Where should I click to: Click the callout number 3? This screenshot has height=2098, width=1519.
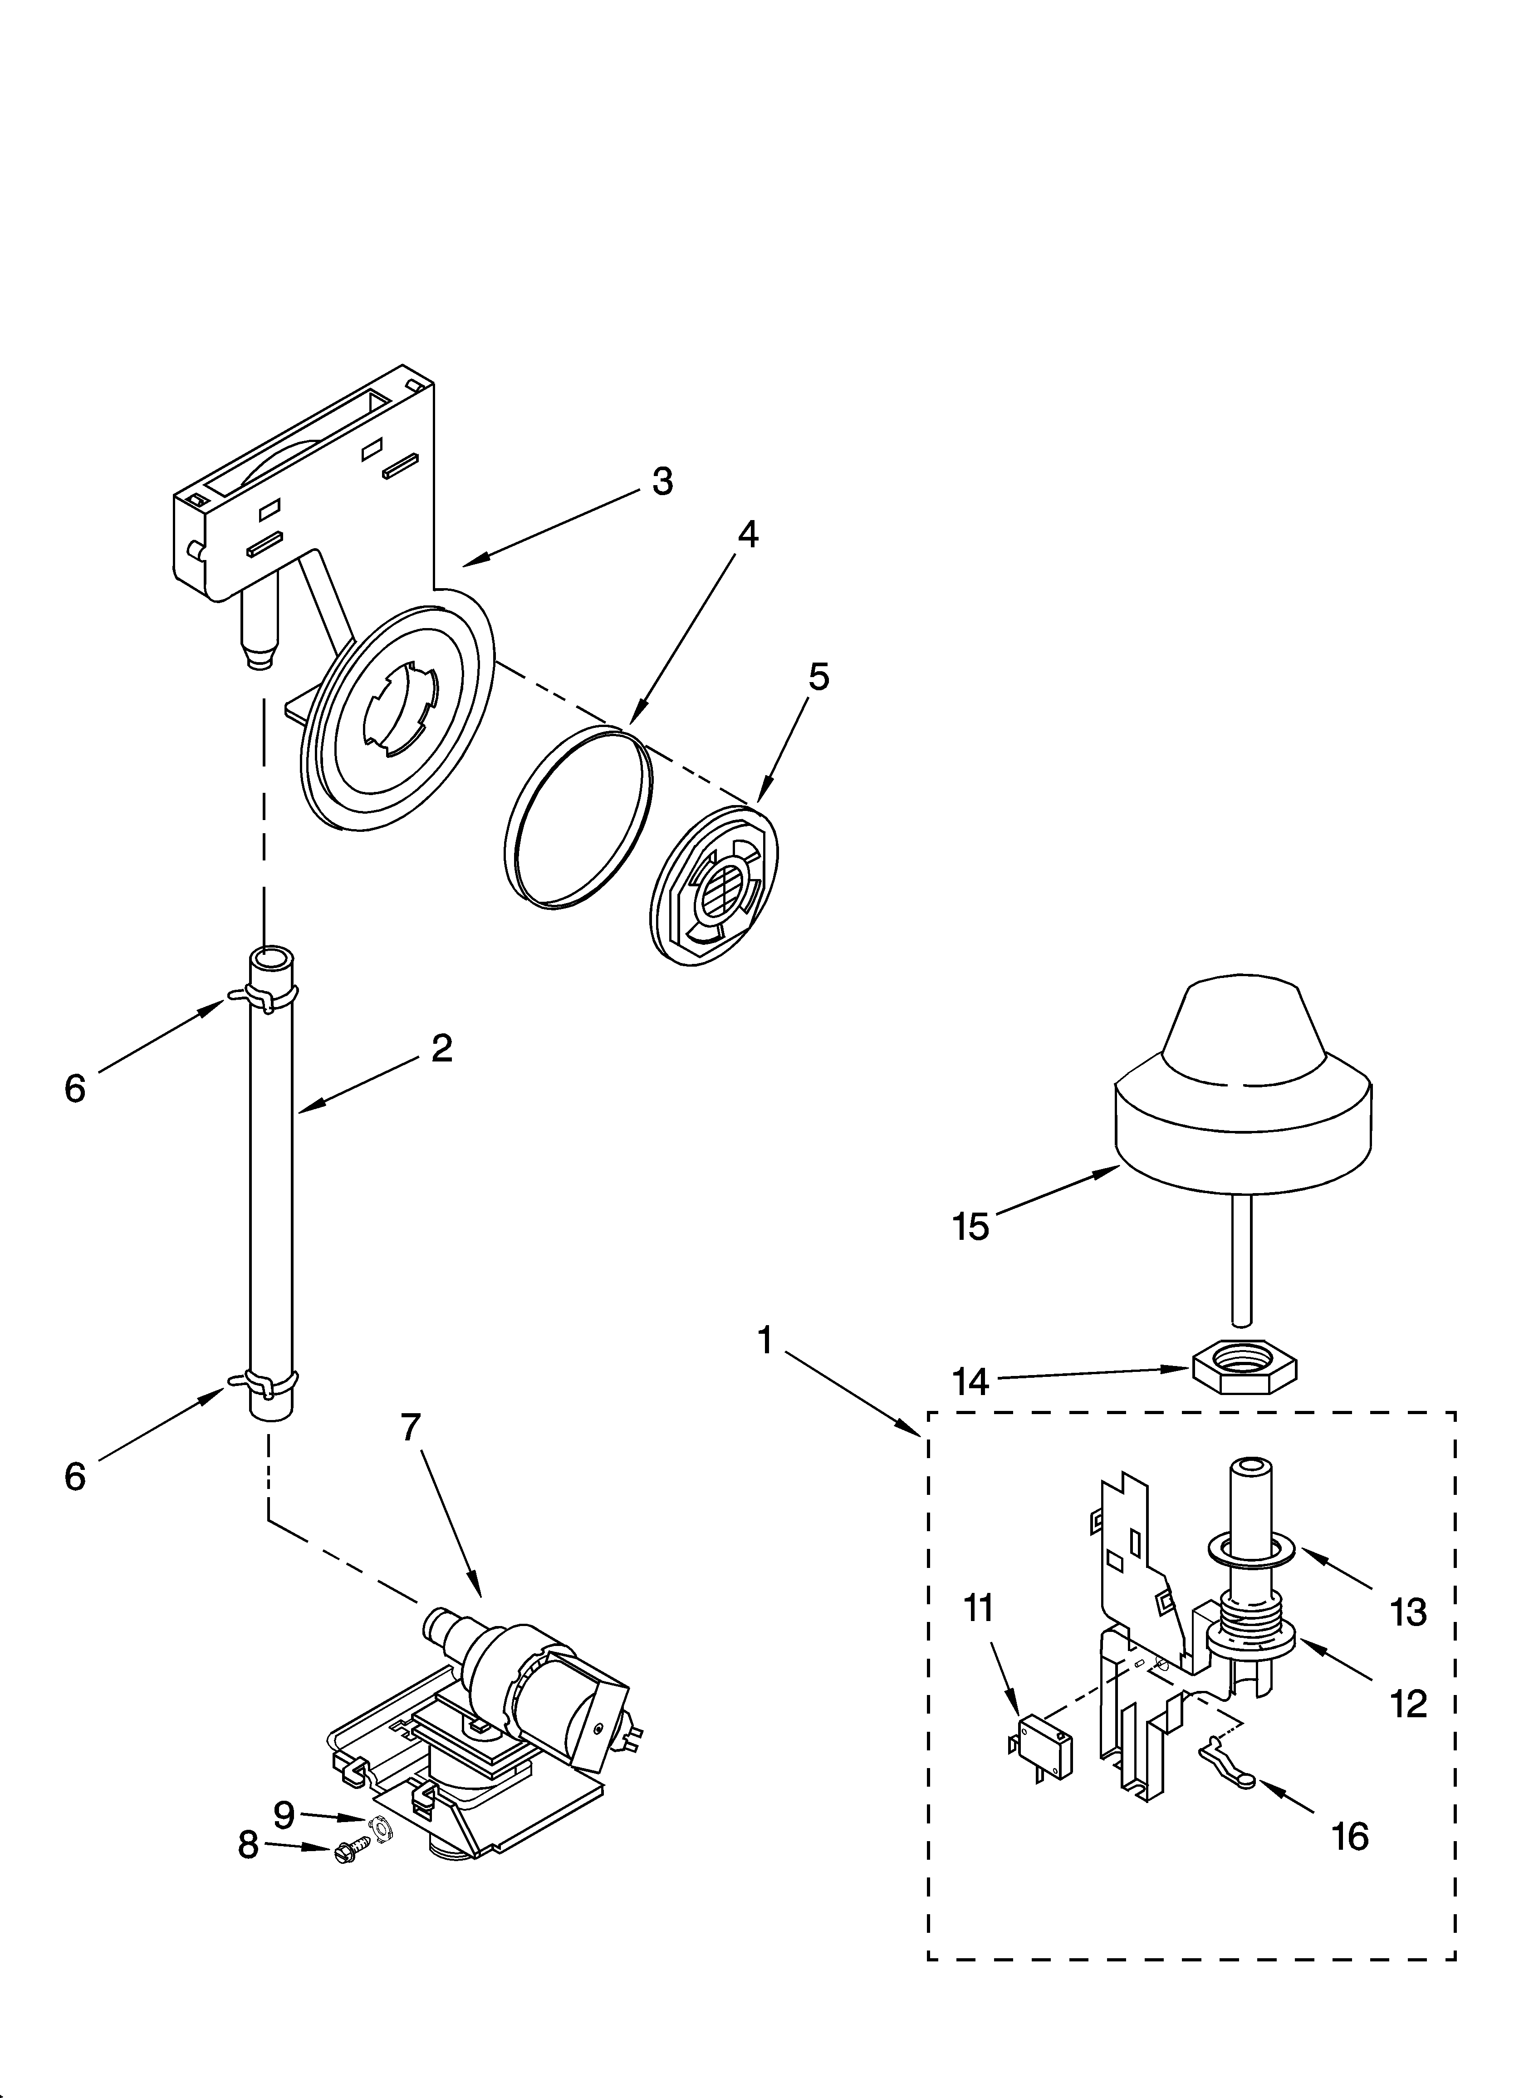click(662, 482)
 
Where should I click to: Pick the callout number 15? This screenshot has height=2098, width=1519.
click(971, 1228)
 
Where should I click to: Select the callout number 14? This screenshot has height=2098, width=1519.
click(971, 1382)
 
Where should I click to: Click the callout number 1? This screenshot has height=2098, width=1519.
click(764, 1341)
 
